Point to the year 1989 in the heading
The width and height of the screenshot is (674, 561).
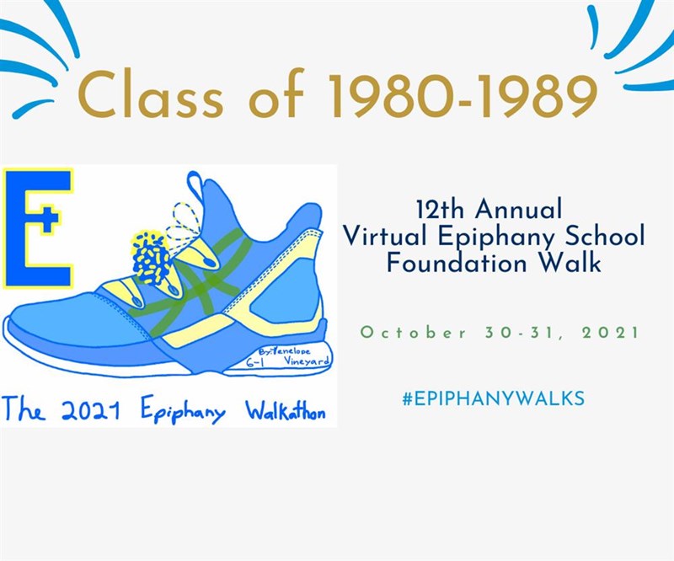[x=530, y=97]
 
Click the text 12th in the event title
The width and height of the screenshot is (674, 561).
[x=441, y=209]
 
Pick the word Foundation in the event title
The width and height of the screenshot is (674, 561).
[x=456, y=263]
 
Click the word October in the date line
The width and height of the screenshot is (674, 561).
[x=413, y=332]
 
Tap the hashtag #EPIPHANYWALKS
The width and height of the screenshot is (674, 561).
[x=493, y=398]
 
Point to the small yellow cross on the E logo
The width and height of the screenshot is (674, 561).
[x=51, y=218]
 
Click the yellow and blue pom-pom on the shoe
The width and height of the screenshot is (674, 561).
[x=151, y=258]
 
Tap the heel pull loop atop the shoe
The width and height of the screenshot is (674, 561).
[x=195, y=185]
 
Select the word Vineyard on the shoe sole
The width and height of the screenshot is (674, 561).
[x=306, y=361]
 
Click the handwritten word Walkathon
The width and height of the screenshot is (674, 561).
[x=285, y=411]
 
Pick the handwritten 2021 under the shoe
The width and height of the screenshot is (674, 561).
[x=90, y=410]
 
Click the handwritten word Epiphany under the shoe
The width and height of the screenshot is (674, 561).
[x=183, y=413]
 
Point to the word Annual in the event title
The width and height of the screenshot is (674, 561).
[x=519, y=209]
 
